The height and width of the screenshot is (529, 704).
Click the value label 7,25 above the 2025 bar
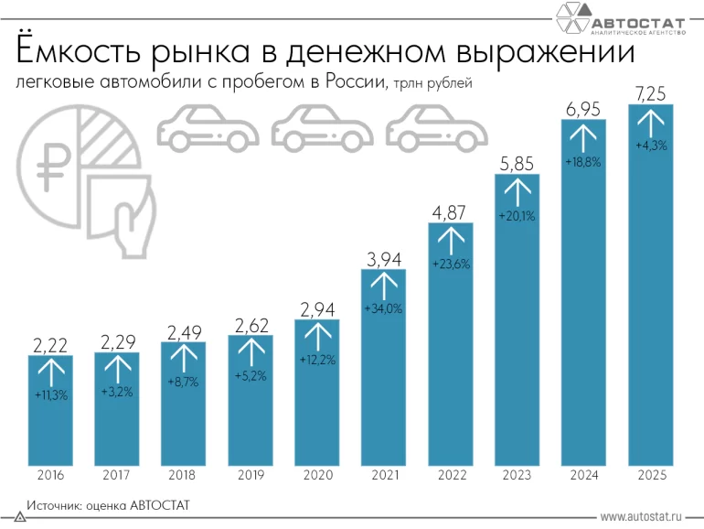pyautogui.click(x=650, y=92)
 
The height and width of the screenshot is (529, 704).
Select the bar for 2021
pyautogui.click(x=384, y=366)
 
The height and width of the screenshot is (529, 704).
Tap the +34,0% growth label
pyautogui.click(x=384, y=308)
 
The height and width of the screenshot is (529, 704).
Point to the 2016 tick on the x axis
pyautogui.click(x=51, y=476)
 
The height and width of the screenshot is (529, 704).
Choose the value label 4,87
pyautogui.click(x=450, y=211)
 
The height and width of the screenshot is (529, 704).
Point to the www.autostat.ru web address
pyautogui.click(x=645, y=517)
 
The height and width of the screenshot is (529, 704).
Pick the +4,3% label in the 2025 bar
pyautogui.click(x=650, y=145)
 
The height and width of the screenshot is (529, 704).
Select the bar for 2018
pyautogui.click(x=184, y=403)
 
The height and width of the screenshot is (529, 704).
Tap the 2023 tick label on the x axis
pyautogui.click(x=517, y=476)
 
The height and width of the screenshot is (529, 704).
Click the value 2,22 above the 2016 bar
pyautogui.click(x=51, y=345)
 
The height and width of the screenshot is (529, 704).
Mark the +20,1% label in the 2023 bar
pyautogui.click(x=517, y=216)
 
